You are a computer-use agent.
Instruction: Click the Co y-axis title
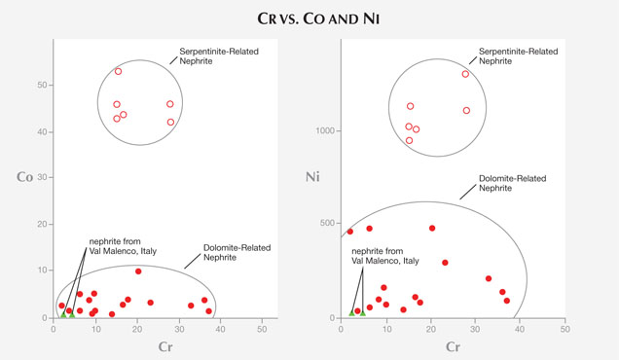(25, 177)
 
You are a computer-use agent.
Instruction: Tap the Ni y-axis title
(313, 177)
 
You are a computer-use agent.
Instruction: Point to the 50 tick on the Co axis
(44, 85)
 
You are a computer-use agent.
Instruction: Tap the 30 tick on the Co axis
(44, 178)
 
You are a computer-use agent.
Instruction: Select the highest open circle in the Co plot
(119, 71)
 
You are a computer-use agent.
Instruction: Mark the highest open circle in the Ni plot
(465, 74)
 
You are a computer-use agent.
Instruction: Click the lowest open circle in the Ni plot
(409, 140)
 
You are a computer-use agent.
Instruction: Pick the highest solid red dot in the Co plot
(138, 271)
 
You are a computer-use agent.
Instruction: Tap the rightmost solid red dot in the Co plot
(208, 311)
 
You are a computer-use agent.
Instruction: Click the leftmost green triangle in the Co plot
(63, 314)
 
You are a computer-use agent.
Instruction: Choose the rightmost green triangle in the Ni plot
(362, 312)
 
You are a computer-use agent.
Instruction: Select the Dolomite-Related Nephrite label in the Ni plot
(513, 184)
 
